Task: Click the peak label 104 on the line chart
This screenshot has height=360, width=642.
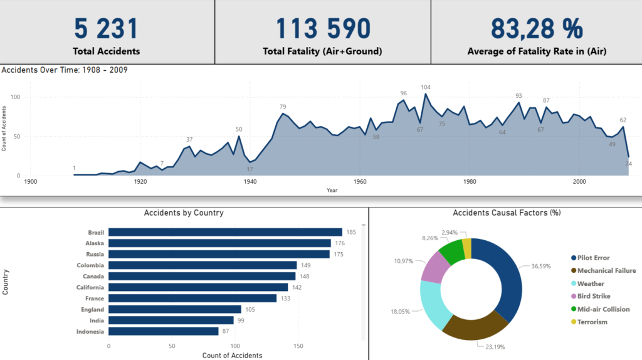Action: click(426, 87)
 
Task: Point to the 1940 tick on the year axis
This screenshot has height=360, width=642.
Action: click(250, 182)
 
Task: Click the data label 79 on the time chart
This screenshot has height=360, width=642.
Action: click(283, 107)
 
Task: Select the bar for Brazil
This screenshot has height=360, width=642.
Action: click(225, 232)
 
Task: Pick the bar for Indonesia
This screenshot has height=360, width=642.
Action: click(164, 331)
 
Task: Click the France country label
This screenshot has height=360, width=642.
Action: click(95, 299)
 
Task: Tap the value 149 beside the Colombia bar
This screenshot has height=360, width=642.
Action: click(307, 265)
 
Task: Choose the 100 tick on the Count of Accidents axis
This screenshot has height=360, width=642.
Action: click(235, 346)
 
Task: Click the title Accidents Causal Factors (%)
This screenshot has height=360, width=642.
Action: click(506, 213)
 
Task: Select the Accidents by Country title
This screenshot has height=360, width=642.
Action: click(184, 213)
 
